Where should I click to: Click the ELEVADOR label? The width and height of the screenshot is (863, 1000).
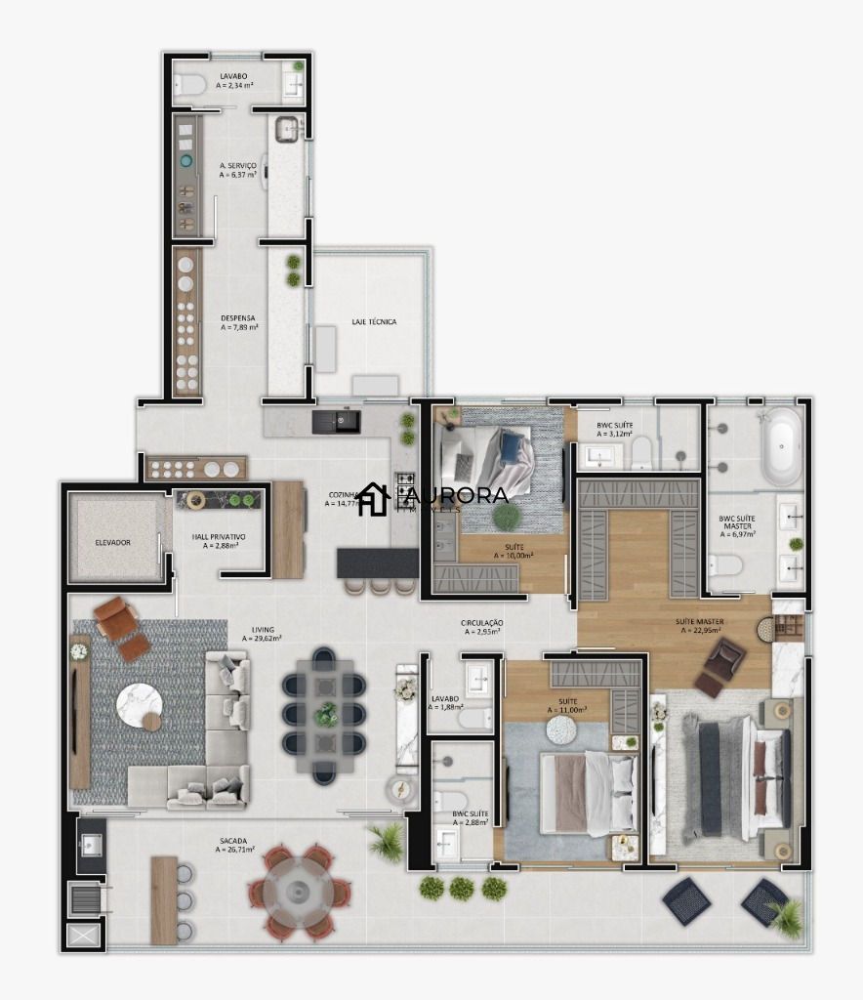112,542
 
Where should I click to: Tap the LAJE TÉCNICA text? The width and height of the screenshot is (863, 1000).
374,321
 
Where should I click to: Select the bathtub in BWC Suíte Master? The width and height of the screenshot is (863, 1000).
781,446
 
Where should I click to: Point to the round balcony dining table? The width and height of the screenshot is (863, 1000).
298,890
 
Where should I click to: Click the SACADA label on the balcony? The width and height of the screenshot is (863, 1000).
233,840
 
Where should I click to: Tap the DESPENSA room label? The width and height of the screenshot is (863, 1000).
237,317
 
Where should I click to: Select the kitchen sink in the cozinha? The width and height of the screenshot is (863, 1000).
336,422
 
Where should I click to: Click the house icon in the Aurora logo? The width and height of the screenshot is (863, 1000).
373,499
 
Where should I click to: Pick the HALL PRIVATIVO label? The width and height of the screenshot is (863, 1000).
220,537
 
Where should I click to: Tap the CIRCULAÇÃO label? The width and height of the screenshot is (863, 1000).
482,623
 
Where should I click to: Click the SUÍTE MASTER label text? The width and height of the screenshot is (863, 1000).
699,621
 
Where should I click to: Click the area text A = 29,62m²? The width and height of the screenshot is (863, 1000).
262,639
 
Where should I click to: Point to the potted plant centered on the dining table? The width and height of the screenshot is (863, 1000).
325,714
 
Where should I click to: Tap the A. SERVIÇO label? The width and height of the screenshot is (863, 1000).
238,166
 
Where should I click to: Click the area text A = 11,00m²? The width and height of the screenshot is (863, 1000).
566,710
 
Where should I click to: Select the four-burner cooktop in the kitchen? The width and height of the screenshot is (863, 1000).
405,485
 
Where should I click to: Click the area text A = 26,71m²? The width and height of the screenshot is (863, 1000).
234,851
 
